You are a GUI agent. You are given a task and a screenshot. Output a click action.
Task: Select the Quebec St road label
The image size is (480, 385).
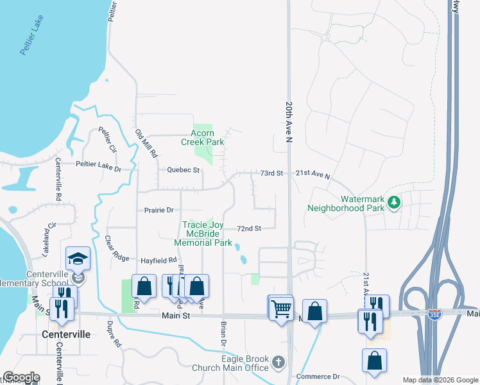pos(184,171)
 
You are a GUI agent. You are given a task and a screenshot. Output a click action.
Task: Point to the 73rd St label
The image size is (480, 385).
pos(271,174)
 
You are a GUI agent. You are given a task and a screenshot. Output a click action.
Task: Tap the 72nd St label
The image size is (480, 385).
pos(249,228)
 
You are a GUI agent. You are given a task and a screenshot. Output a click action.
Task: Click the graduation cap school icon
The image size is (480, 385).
pos(78,258)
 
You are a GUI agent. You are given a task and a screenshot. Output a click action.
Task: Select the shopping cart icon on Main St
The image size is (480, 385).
pos(280,308)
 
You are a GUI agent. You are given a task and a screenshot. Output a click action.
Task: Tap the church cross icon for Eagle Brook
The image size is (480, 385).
pos(279,363)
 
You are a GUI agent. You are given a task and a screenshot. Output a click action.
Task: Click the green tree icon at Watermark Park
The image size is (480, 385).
pos(394,203)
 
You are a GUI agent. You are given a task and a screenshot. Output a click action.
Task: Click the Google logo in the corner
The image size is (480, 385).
pos(21,377)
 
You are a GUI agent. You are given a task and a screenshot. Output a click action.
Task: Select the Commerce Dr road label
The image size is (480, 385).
pos(318,376)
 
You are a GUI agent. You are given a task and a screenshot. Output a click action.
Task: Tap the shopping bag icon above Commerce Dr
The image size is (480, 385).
pos(375,361)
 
